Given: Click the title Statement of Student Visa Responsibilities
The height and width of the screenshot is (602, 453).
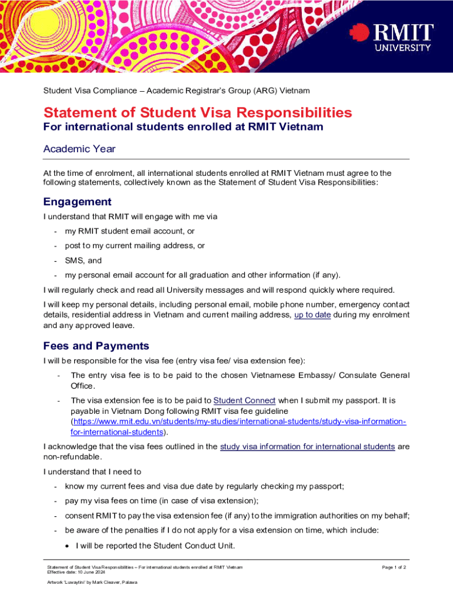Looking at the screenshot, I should tap(198, 112).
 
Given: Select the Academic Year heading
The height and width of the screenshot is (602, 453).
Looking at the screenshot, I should tap(79, 149).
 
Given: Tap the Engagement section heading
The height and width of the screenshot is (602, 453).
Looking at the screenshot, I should tap(78, 202).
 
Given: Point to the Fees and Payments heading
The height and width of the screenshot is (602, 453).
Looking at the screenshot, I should tap(96, 346).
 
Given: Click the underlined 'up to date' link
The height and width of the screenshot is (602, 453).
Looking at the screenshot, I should tap(312, 315).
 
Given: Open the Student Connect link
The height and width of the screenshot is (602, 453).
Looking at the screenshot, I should tap(244, 400).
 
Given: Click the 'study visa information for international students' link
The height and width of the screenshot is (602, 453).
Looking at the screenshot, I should tap(307, 446).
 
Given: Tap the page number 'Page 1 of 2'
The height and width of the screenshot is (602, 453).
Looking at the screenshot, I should tap(394, 567).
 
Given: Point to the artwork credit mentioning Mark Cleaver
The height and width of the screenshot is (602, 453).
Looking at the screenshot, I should tap(92, 582).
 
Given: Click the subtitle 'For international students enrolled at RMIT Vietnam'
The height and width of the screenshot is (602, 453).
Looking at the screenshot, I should tap(183, 127).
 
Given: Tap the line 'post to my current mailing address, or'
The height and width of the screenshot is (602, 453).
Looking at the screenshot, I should tap(135, 246).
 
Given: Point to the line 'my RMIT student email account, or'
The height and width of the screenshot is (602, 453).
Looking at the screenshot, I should tap(130, 231).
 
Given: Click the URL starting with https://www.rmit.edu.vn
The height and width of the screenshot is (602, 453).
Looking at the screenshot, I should tap(238, 422).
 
